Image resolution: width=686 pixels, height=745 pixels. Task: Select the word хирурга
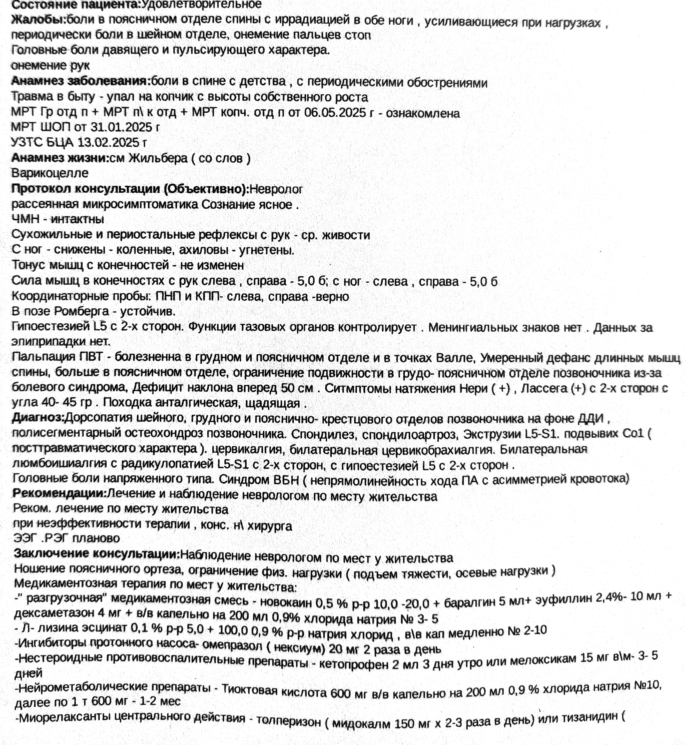[270, 526]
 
